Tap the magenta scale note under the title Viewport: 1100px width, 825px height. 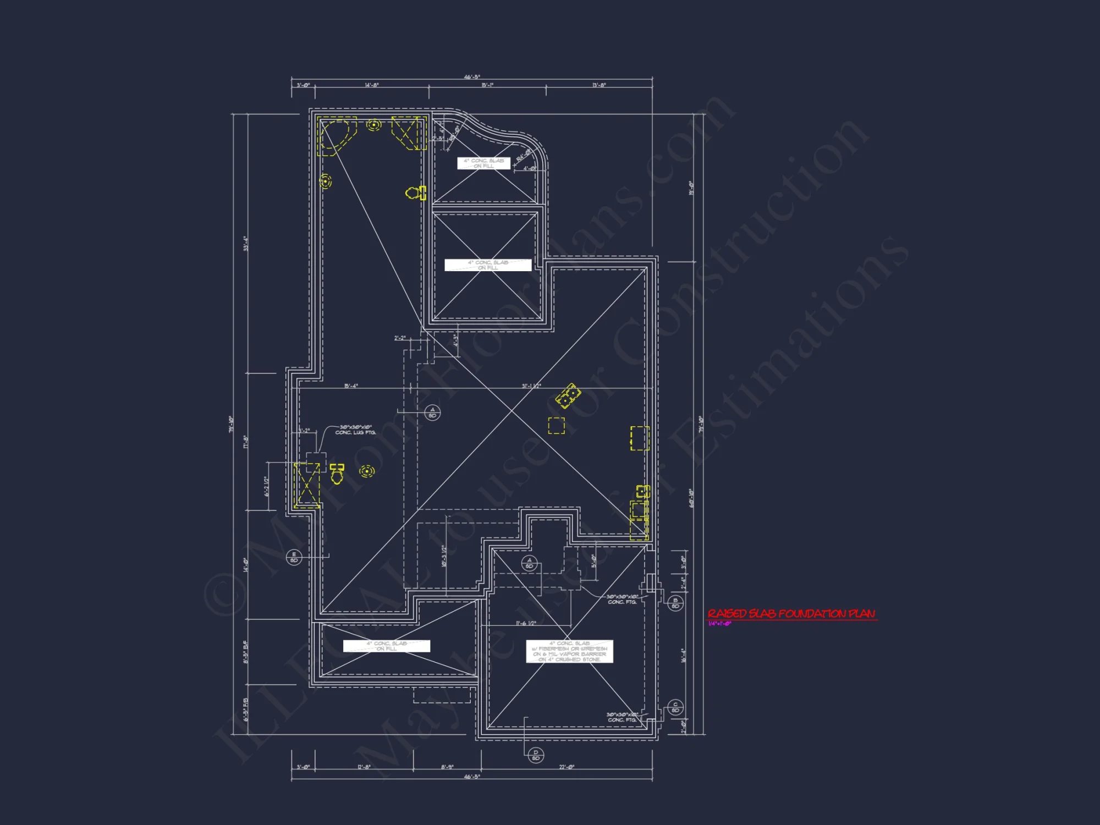719,624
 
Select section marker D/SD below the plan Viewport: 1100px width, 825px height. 536,755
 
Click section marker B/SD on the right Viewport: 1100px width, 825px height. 675,603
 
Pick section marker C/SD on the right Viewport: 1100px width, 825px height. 675,707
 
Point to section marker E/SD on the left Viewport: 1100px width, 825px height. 294,557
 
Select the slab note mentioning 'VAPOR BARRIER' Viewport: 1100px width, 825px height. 569,651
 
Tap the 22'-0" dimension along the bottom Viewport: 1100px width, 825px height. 566,767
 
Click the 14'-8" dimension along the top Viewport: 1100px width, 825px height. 372,85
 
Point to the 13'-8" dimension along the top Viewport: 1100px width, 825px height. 599,85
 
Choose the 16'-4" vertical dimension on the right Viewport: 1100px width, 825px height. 684,655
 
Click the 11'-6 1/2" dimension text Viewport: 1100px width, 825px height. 526,623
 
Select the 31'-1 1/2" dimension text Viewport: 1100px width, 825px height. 531,386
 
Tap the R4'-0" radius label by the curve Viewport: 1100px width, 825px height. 523,155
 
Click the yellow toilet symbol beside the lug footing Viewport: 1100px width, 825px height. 337,474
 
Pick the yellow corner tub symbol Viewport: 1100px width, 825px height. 336,135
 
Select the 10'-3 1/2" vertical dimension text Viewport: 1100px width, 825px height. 443,556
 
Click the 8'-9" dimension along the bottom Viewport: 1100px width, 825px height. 447,767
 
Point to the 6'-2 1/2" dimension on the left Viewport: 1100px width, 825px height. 267,486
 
